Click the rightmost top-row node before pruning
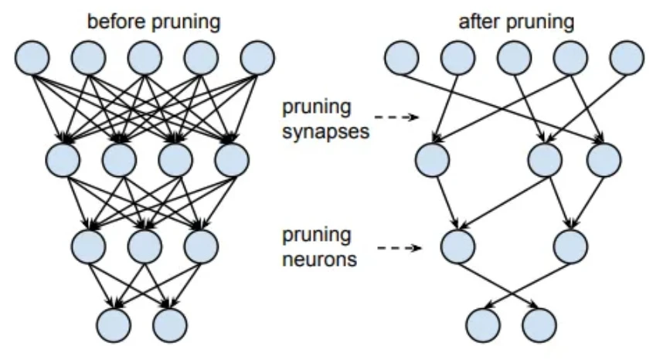tap(257, 57)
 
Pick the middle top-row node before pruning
tap(144, 57)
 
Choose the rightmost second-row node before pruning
tap(233, 161)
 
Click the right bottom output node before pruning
tap(171, 324)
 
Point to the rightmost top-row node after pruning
tap(627, 58)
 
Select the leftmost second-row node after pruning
tap(433, 161)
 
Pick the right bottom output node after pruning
tap(539, 325)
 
